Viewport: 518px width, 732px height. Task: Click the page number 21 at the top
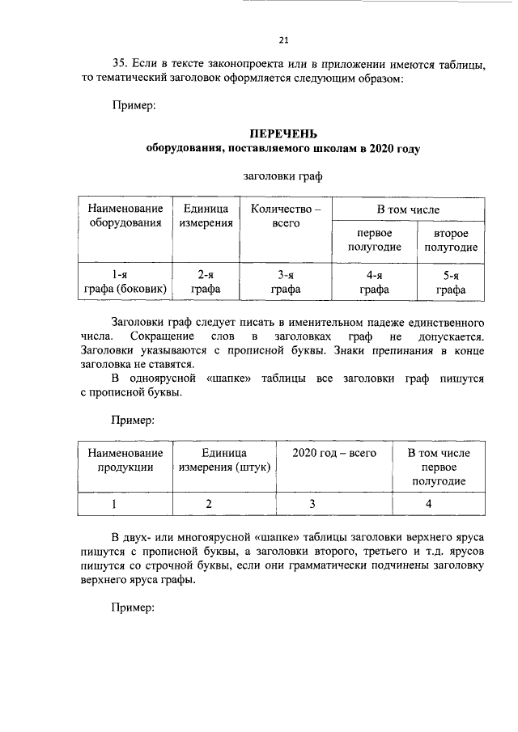click(283, 40)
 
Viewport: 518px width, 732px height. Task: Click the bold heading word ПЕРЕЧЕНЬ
click(283, 133)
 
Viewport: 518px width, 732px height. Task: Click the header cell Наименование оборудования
click(125, 216)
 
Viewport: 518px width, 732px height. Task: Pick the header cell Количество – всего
click(286, 216)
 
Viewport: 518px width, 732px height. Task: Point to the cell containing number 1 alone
click(125, 504)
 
